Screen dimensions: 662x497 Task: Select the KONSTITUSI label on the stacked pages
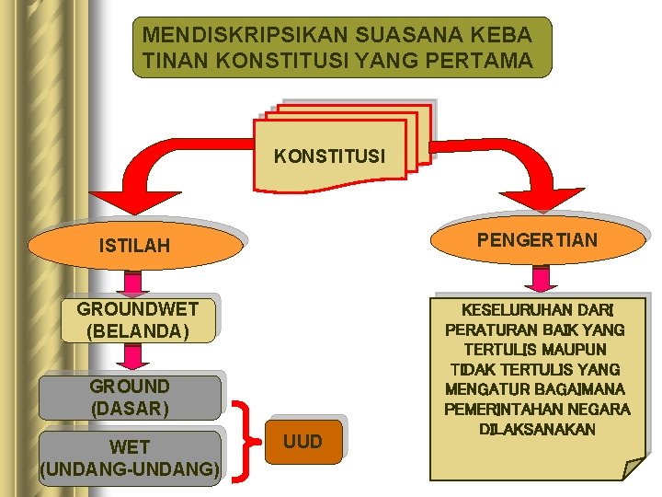[x=329, y=156]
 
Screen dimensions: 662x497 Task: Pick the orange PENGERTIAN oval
[x=537, y=240]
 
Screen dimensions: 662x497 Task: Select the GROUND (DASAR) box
[x=130, y=397]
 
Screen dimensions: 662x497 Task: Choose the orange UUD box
[x=302, y=442]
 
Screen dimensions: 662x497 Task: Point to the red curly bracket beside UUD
[x=243, y=442]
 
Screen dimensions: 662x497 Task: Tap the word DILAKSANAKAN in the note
[x=537, y=430]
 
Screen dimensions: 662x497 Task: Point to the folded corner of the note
[x=634, y=468]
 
